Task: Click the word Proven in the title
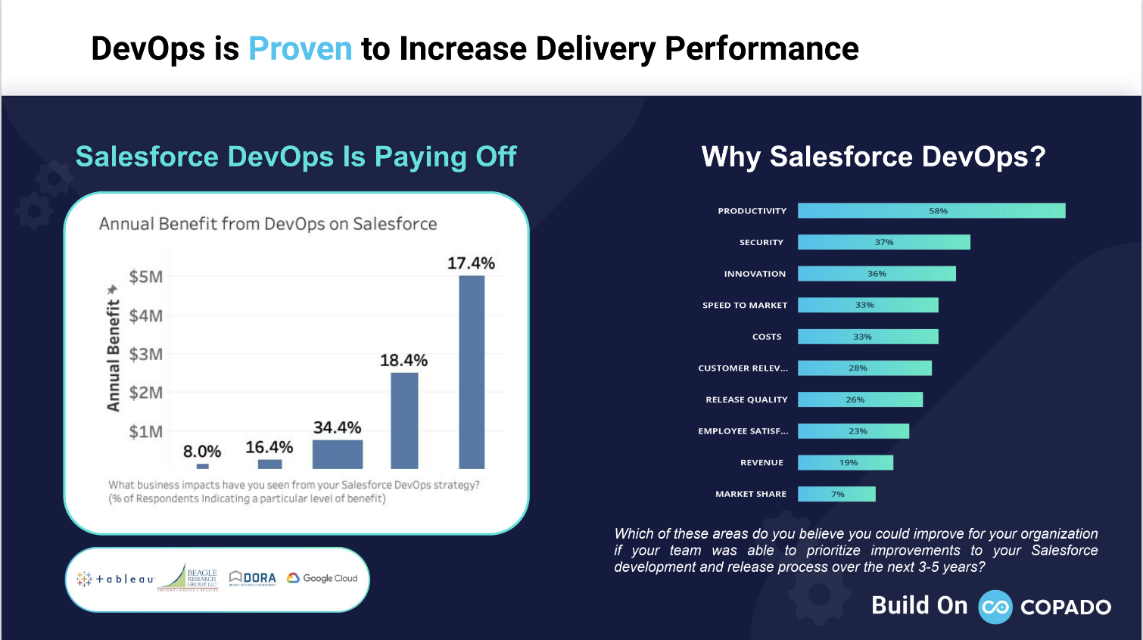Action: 300,49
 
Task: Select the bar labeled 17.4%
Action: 472,372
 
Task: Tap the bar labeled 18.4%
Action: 404,421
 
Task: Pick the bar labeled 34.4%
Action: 338,455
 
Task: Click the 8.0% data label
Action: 202,452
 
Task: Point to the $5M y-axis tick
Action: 146,277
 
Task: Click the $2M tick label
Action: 146,393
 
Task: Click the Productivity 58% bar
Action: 931,211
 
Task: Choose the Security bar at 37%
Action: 883,242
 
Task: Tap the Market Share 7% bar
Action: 836,494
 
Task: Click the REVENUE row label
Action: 761,462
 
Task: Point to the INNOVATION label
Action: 755,274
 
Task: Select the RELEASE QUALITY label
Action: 746,399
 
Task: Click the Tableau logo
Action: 115,579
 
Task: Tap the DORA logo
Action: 253,578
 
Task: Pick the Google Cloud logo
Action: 322,578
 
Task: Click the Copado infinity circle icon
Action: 995,607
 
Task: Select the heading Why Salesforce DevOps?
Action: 873,157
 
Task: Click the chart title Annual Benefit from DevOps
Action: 268,224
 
